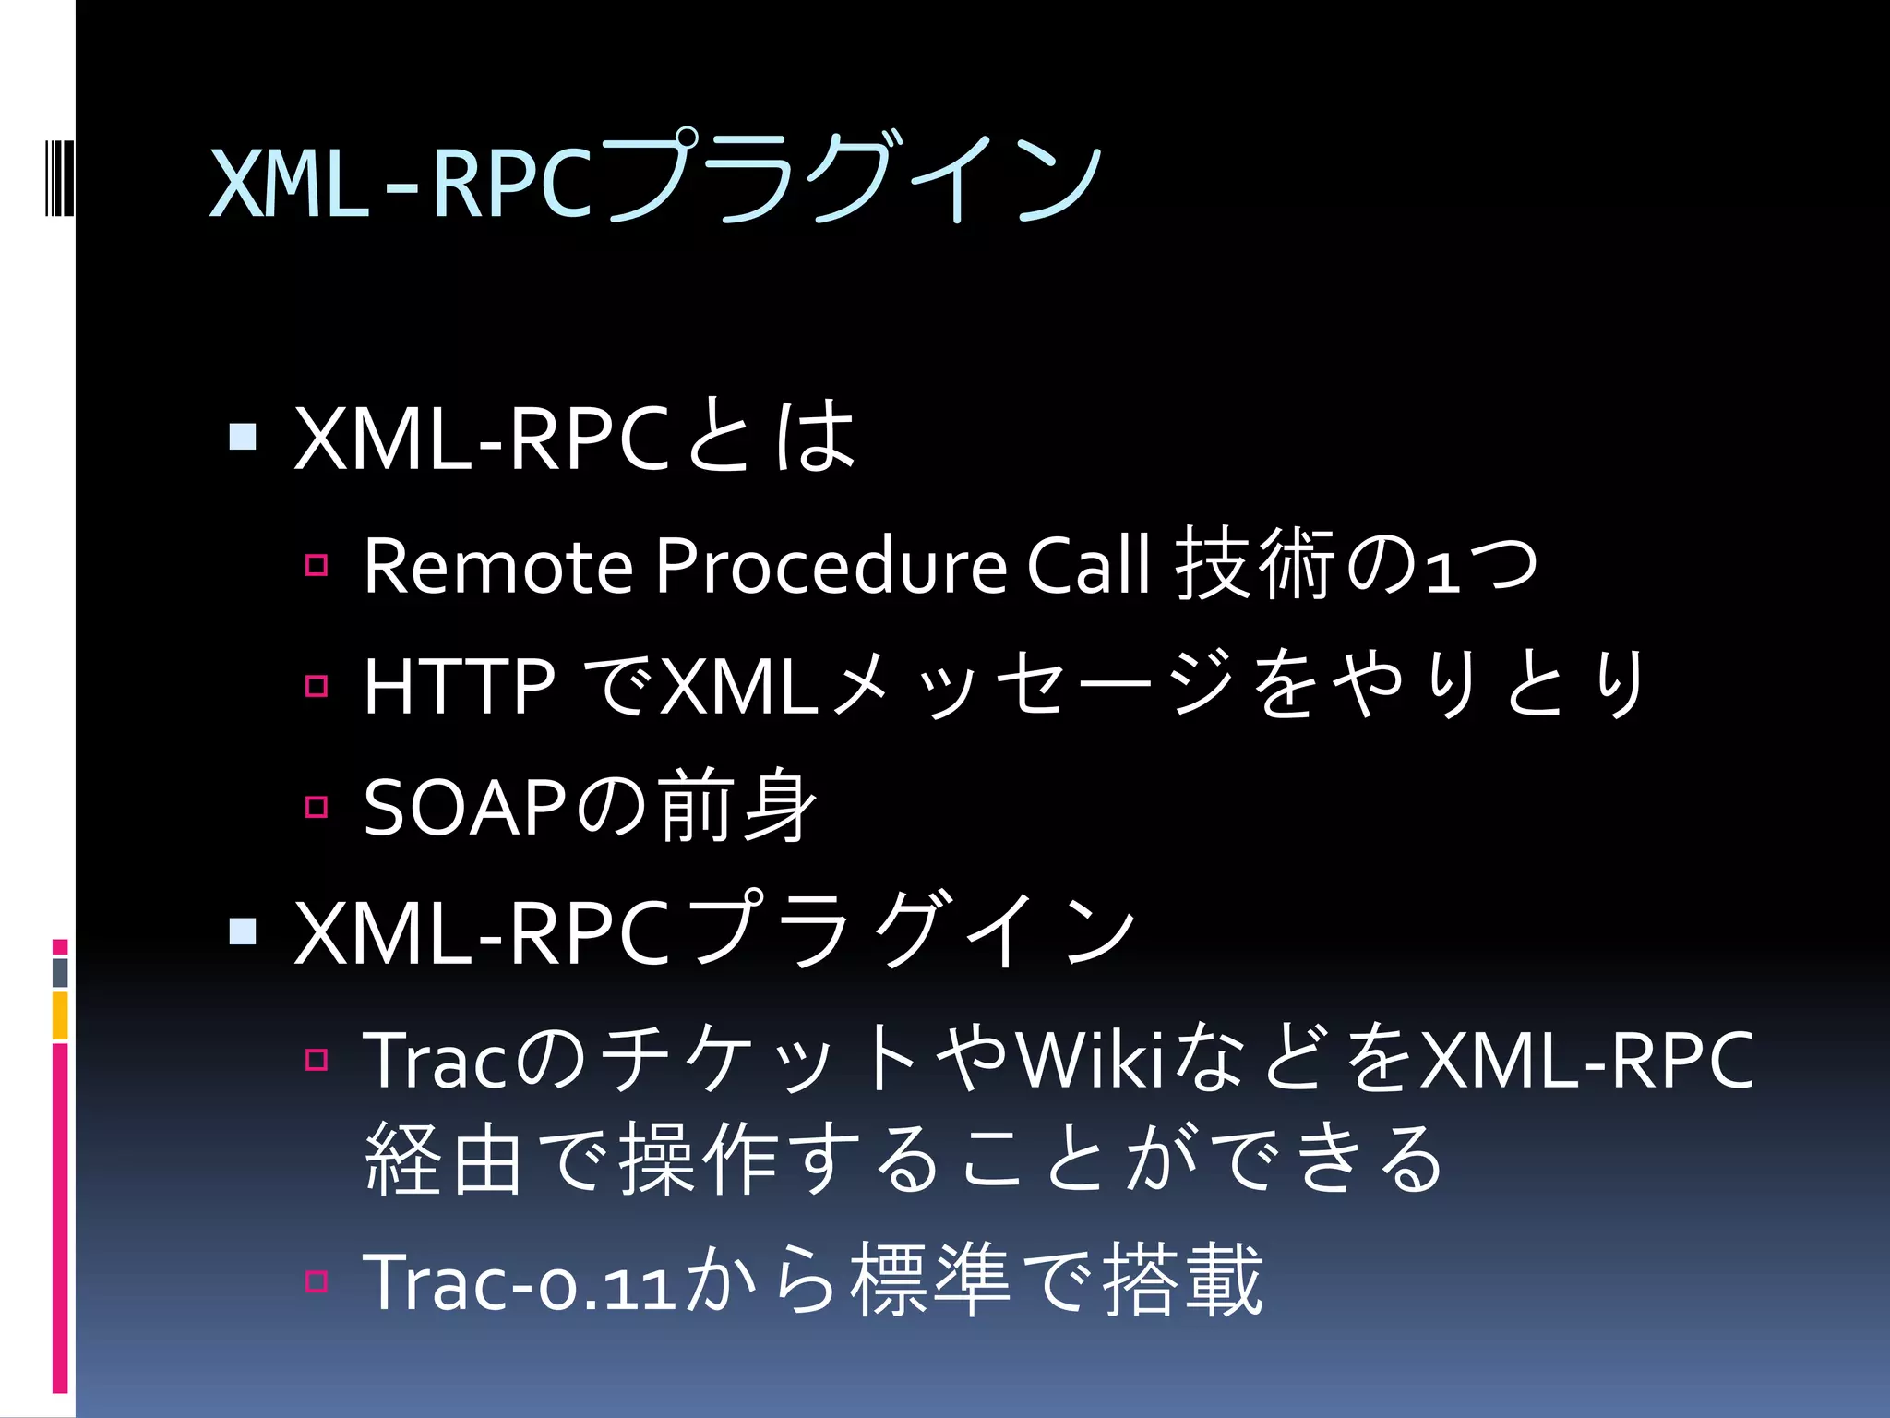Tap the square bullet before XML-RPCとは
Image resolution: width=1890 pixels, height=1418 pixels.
tap(243, 436)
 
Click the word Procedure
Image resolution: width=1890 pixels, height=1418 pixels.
tap(831, 565)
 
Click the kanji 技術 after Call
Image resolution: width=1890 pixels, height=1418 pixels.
tap(1256, 563)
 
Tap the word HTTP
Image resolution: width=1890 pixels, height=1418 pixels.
tap(460, 686)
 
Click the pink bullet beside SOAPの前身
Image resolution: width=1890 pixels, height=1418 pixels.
tap(317, 807)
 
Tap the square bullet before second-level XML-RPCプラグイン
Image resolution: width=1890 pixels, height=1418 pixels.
tap(243, 931)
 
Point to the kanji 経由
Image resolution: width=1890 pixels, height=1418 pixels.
tap(443, 1160)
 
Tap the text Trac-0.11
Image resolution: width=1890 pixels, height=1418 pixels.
tap(521, 1282)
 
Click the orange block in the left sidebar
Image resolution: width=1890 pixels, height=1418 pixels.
tap(60, 1015)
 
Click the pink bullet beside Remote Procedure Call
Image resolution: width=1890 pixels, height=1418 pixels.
tap(317, 565)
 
